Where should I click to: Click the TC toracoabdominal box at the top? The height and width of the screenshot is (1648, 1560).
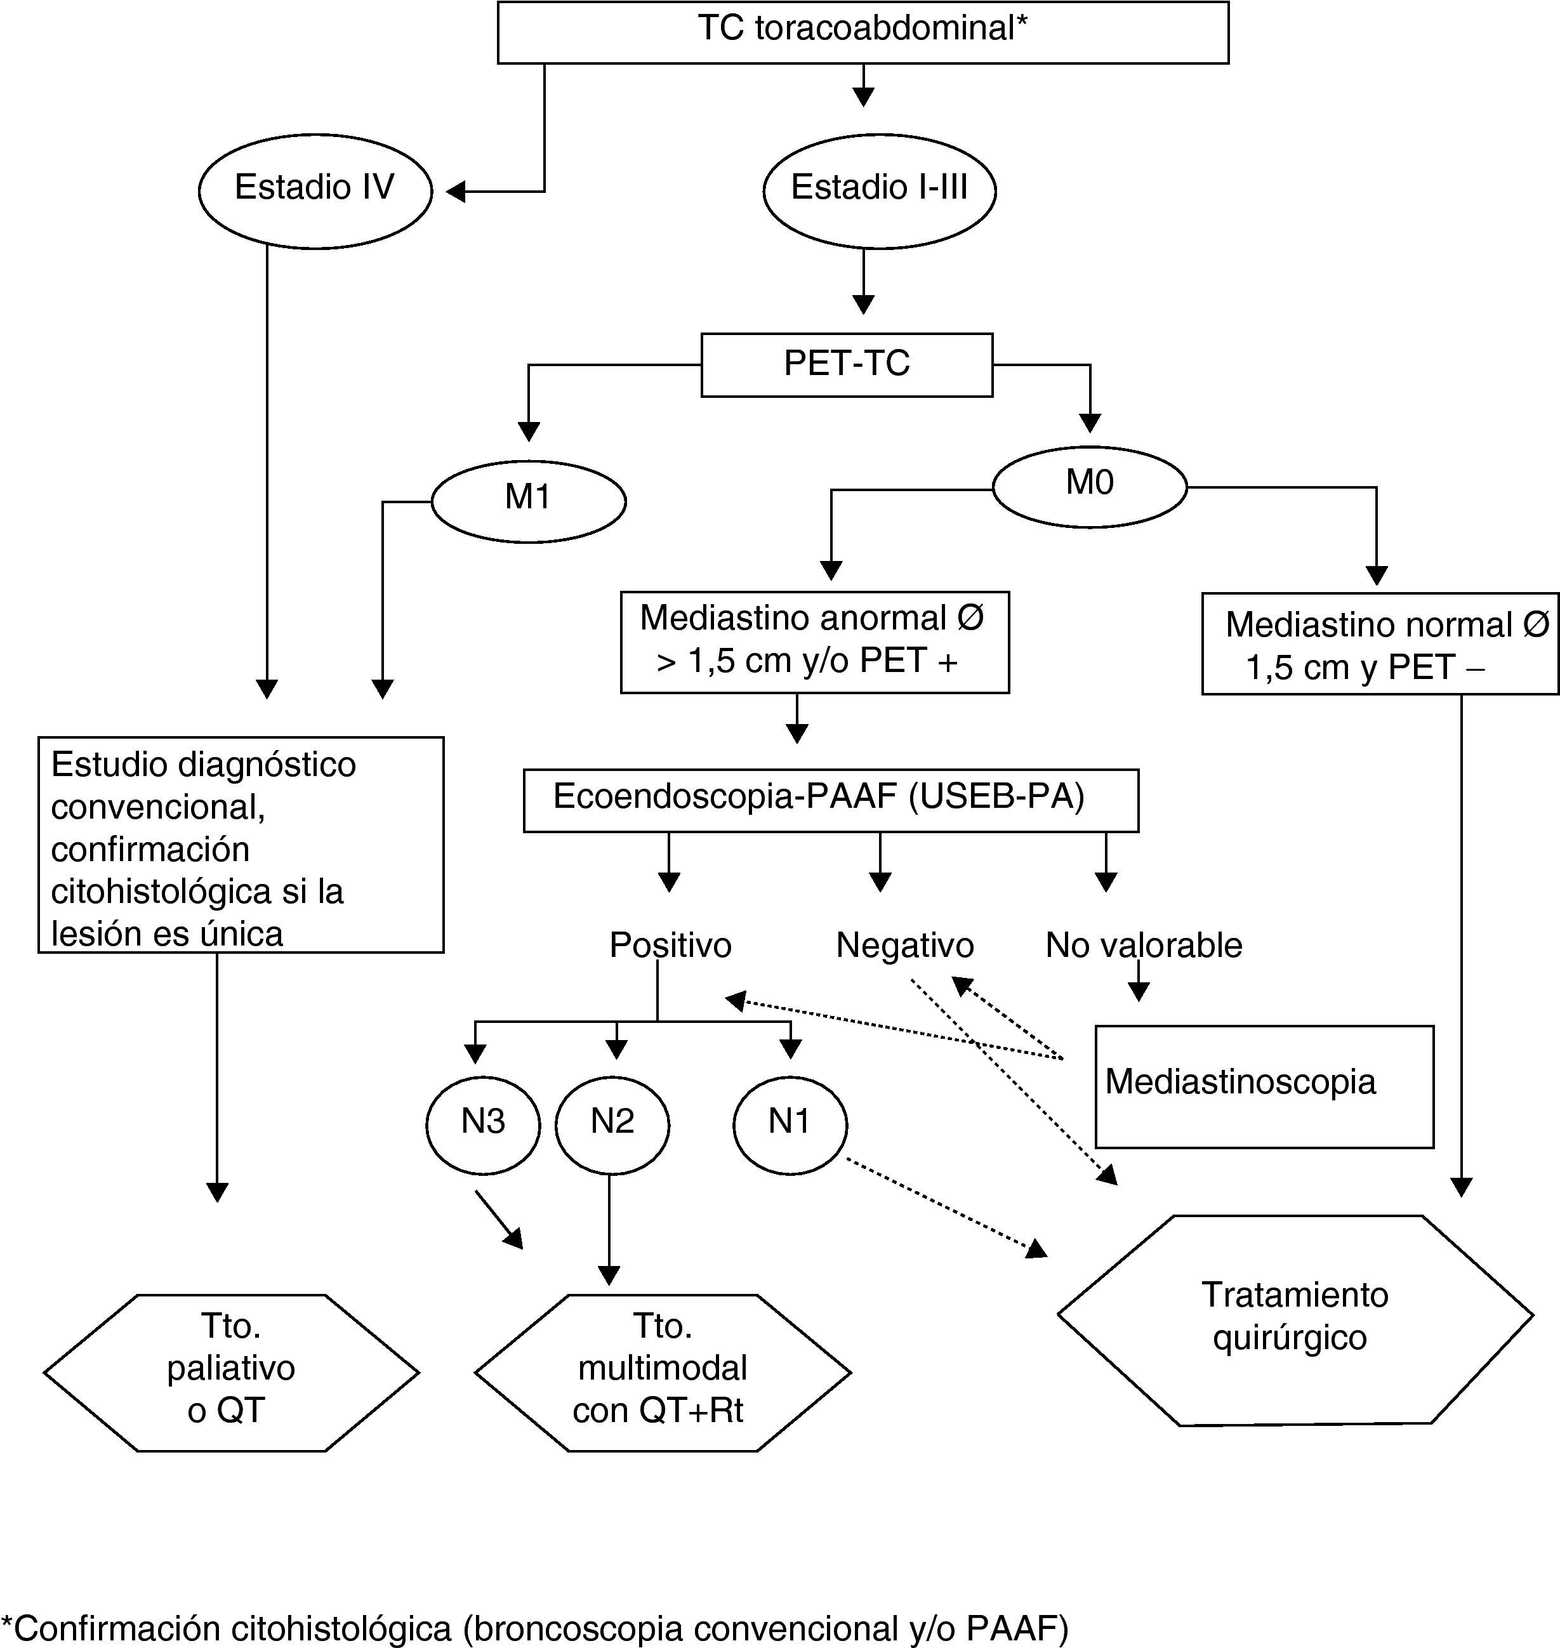(863, 32)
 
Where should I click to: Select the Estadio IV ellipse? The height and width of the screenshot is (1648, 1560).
(315, 190)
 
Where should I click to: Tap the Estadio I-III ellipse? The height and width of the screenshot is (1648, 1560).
(879, 190)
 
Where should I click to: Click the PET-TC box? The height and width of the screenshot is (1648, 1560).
(847, 364)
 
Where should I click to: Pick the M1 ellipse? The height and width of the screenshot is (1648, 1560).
(528, 501)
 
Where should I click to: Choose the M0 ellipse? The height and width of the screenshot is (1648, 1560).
(1089, 487)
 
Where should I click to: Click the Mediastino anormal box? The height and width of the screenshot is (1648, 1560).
(814, 641)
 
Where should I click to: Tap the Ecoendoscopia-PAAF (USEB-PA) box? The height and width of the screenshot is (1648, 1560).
(830, 799)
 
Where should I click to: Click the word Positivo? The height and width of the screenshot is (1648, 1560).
(670, 946)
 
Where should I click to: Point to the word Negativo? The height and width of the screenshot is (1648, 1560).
(905, 946)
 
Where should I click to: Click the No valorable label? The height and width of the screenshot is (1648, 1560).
(1144, 946)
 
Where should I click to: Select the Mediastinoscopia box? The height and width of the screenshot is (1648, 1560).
(1264, 1086)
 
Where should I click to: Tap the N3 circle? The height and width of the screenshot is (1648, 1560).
(483, 1124)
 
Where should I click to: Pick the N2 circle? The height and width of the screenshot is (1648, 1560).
(612, 1124)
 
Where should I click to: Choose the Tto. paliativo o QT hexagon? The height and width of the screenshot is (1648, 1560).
(231, 1372)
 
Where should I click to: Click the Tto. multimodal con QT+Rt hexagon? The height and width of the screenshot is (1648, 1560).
(662, 1372)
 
